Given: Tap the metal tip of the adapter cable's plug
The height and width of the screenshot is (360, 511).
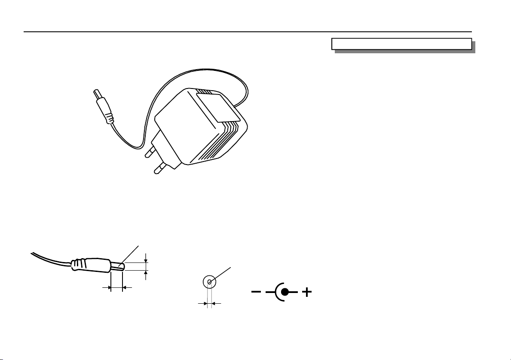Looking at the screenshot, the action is (96, 93).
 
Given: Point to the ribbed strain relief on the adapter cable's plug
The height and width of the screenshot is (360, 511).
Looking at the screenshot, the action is (109, 116).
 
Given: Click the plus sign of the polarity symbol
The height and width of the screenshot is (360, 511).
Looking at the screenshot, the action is (306, 293).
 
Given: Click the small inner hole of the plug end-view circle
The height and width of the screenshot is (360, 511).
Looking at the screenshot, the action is (209, 282).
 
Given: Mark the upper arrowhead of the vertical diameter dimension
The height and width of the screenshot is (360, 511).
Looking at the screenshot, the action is (147, 259).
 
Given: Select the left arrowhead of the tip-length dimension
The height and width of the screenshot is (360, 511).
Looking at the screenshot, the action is (108, 287).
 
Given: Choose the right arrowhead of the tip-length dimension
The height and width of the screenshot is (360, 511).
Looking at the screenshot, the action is (125, 287).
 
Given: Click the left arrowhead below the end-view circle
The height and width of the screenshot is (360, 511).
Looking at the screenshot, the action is (205, 303).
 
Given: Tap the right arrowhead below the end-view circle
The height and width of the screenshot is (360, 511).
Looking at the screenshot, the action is (215, 303).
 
